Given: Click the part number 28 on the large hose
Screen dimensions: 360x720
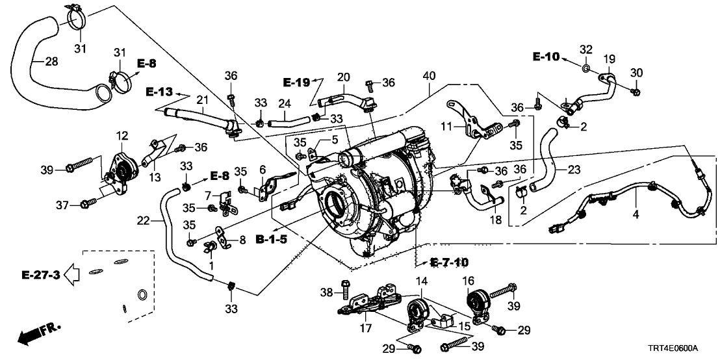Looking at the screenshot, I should (51, 62).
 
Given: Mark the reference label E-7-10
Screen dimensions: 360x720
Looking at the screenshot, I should (449, 263).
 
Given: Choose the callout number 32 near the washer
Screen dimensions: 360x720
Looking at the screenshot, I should (585, 49).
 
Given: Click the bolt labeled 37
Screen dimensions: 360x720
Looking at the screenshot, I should (84, 205).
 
